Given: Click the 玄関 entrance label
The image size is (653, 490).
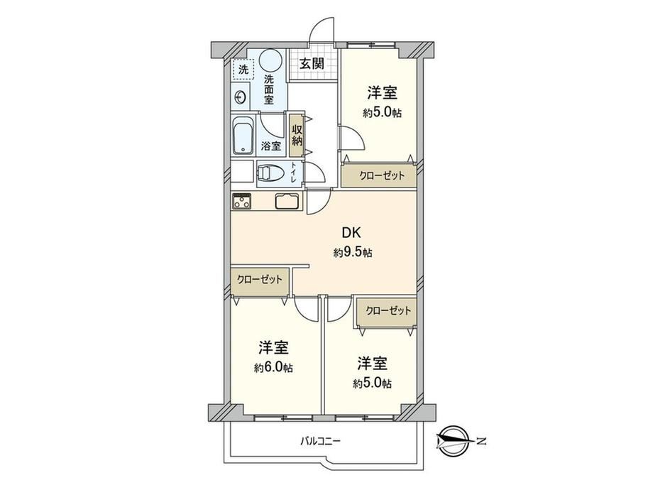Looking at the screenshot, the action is point(312,64).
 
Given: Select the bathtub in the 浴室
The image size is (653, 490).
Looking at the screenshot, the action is point(243,136).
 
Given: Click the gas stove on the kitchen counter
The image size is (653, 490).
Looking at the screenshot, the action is point(241,201).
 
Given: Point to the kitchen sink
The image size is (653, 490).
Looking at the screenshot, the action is point(287,201).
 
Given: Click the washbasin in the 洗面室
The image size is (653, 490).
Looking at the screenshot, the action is point(241,97).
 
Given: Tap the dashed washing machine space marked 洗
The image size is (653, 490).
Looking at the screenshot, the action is point(243,70).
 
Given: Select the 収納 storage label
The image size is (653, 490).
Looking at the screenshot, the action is point(297,134).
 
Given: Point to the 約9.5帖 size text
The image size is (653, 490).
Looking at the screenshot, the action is point(353,253).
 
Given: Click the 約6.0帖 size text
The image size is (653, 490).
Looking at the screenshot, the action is point(273,368).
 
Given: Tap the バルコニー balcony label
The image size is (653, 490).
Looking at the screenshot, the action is point(320,440).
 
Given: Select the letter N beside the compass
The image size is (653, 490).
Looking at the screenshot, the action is point(481,441).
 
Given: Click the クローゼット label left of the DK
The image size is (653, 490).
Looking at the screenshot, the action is point(260,279).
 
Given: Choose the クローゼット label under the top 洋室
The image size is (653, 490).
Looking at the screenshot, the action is point(381,175).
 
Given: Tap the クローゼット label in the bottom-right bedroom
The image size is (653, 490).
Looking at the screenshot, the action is point(388,310).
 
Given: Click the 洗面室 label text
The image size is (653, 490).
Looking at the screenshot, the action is point(268,89).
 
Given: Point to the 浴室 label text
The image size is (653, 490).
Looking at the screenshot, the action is point(270,146).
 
